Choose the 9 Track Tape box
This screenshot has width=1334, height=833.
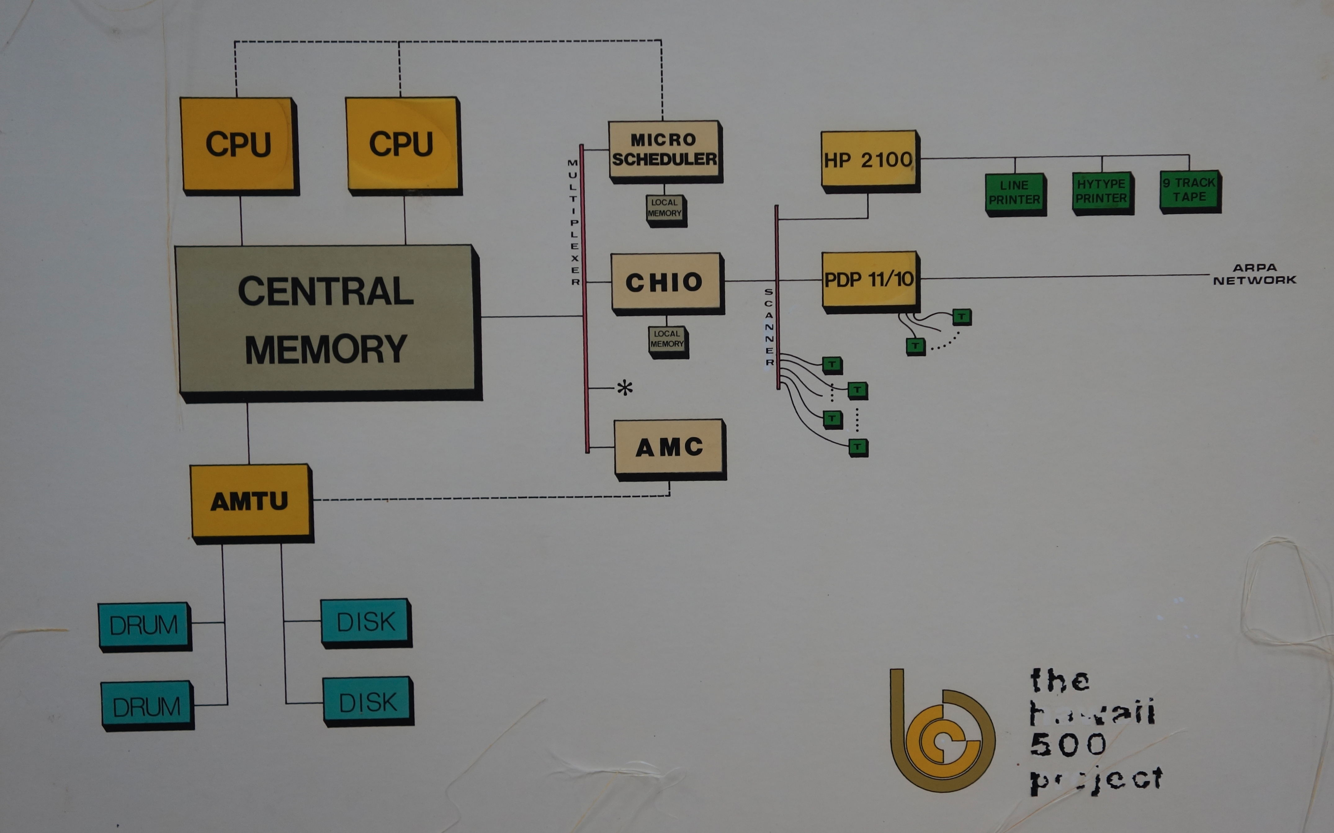(x=1189, y=190)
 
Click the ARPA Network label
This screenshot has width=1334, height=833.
(x=1255, y=274)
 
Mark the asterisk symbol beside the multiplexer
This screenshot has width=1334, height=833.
(x=624, y=388)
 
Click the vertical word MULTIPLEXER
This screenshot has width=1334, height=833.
(x=574, y=222)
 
